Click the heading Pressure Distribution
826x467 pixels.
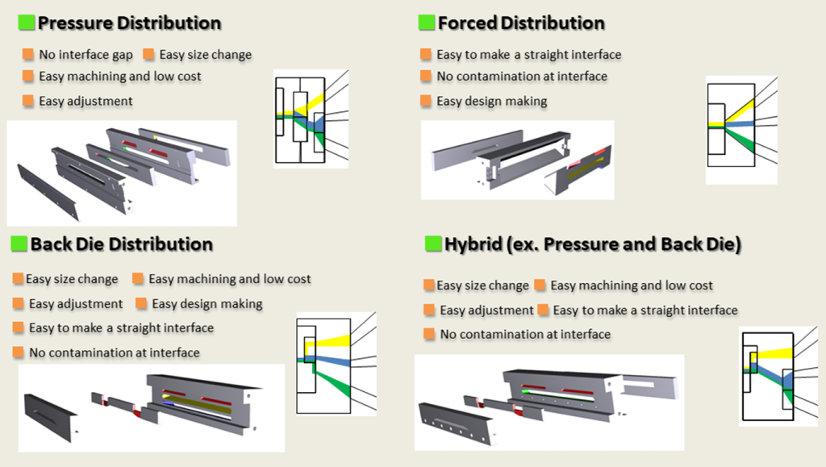coord(129,23)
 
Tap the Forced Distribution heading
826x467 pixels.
coord(521,23)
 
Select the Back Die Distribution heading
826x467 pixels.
coord(122,244)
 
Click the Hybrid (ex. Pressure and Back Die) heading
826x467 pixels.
coord(593,244)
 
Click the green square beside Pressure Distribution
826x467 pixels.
coord(27,23)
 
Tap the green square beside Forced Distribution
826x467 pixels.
coord(427,23)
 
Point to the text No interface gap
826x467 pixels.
coord(86,55)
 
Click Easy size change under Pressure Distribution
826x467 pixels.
coord(205,55)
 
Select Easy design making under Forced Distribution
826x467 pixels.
coord(491,102)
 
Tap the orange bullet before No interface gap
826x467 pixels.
coord(29,55)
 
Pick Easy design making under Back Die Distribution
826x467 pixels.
coord(207,304)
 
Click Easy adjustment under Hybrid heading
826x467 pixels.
coord(486,311)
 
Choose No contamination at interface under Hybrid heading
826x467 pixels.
coord(525,334)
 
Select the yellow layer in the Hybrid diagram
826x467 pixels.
coord(778,352)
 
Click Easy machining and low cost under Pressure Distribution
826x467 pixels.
coord(120,77)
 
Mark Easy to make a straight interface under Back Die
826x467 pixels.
coord(121,328)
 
